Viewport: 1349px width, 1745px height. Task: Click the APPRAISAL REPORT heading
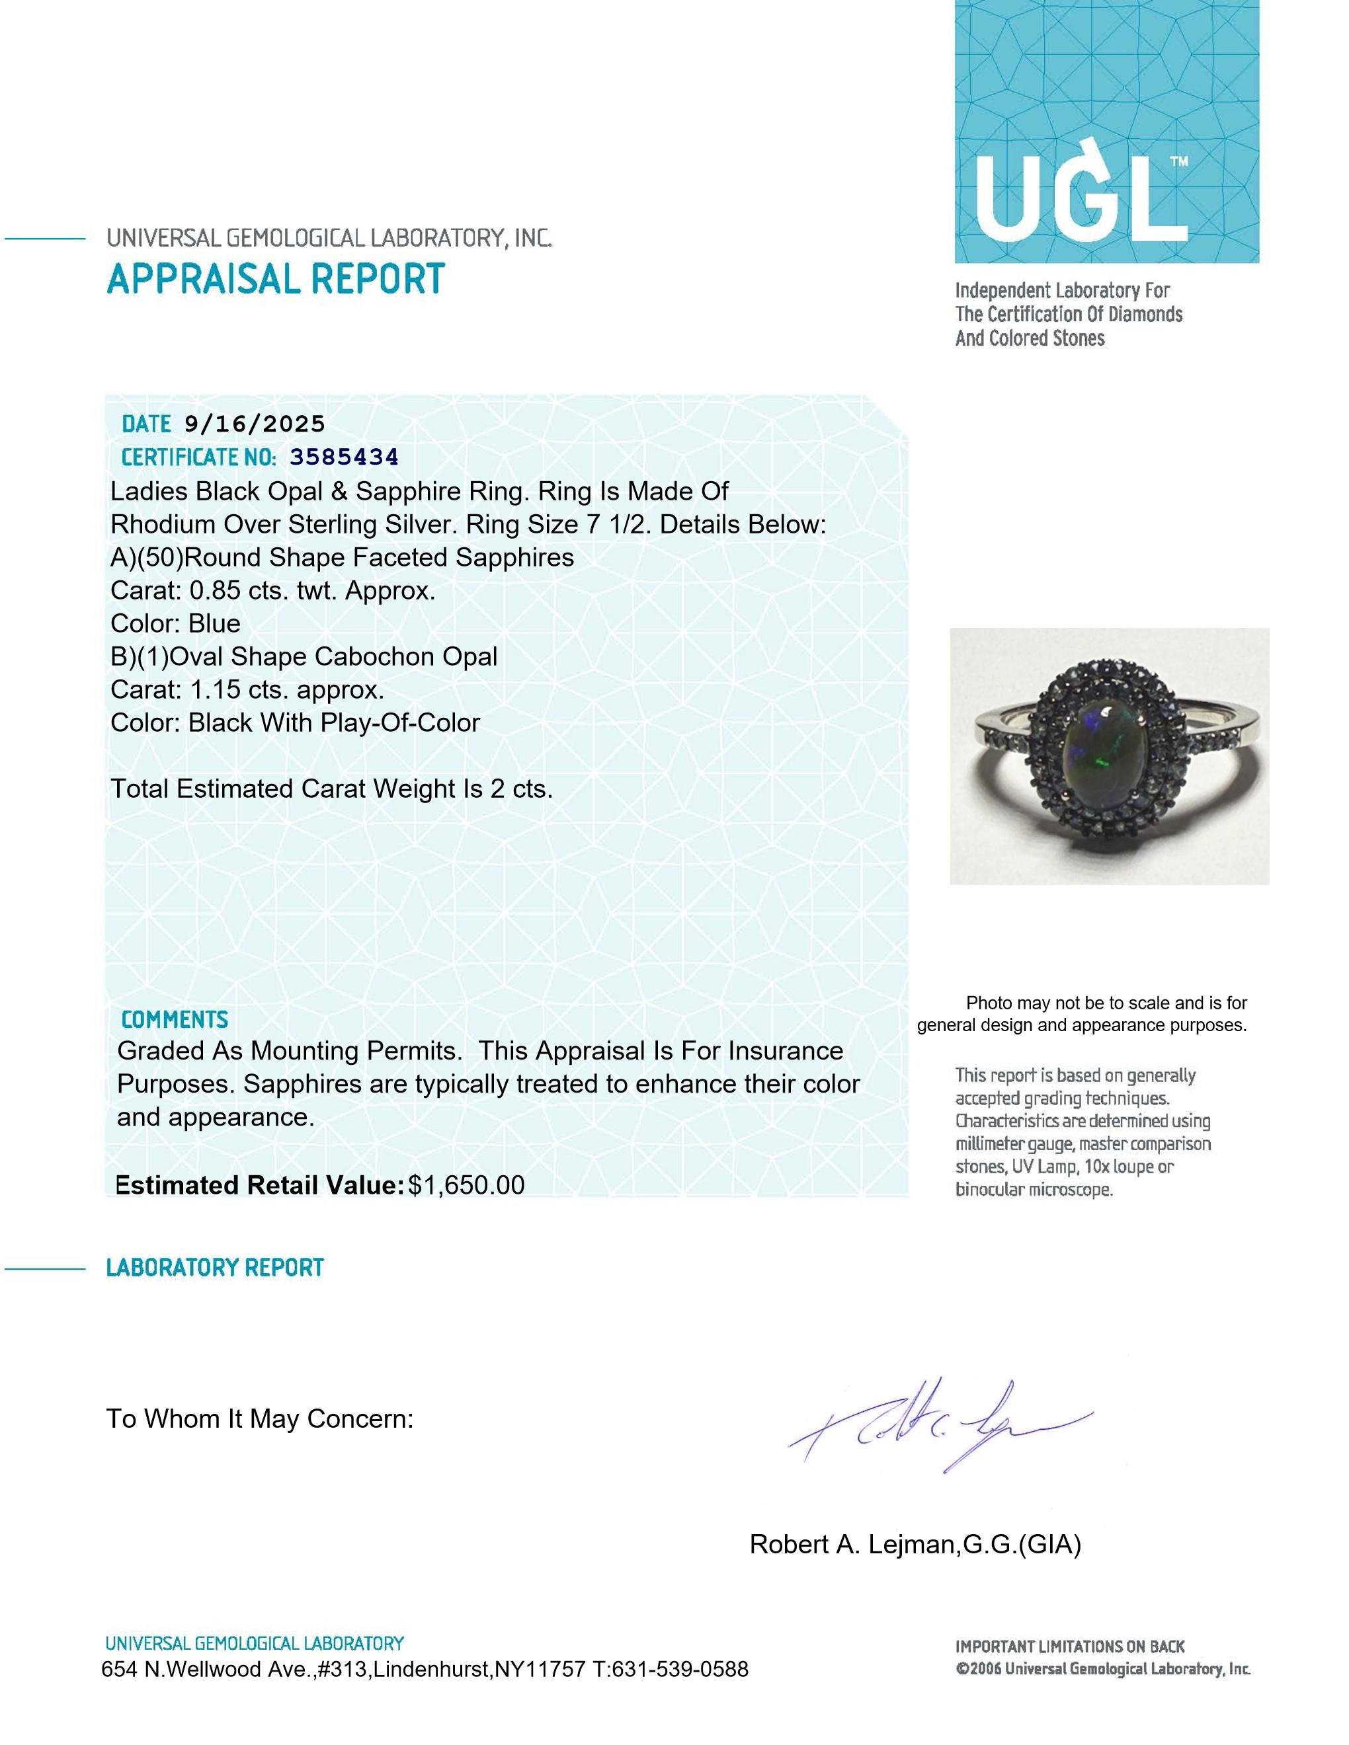pos(276,279)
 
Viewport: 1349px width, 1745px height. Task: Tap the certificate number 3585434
pos(344,457)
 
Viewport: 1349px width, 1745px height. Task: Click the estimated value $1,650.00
pos(466,1185)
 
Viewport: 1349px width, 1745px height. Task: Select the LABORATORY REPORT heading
pos(214,1268)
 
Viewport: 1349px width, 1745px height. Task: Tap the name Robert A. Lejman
pos(852,1545)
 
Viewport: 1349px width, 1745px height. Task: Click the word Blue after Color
pos(214,623)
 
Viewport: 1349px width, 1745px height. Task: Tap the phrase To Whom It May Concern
pos(260,1419)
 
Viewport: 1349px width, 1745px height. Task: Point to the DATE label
pos(146,424)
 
